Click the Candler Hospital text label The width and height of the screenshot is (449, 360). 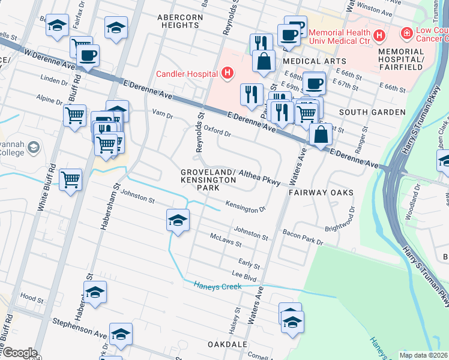click(186, 74)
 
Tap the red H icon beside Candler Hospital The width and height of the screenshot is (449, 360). click(227, 74)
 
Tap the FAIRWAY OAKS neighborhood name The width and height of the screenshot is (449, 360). click(320, 193)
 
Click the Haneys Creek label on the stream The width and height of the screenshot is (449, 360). click(217, 286)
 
